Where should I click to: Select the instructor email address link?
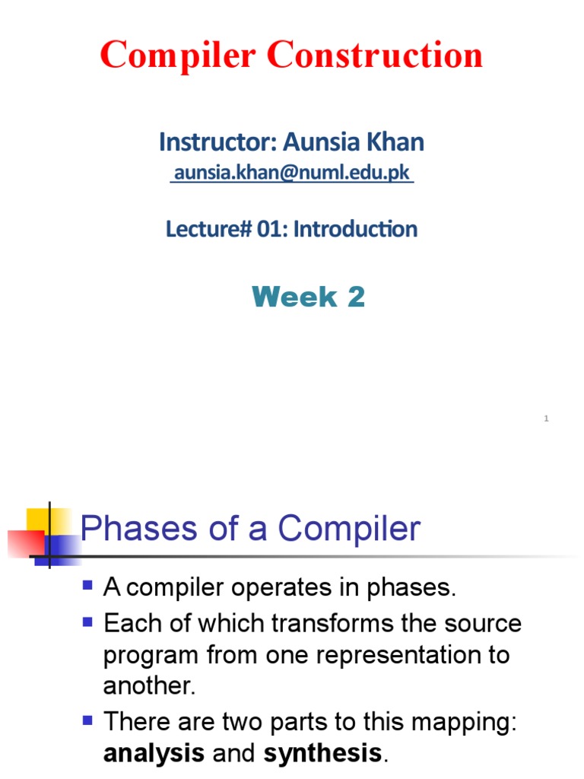[293, 173]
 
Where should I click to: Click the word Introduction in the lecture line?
[355, 229]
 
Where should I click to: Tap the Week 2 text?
[308, 297]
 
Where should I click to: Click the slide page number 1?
[546, 418]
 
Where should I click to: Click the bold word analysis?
[154, 754]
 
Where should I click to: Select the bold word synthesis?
[322, 754]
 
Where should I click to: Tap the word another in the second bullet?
[149, 686]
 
